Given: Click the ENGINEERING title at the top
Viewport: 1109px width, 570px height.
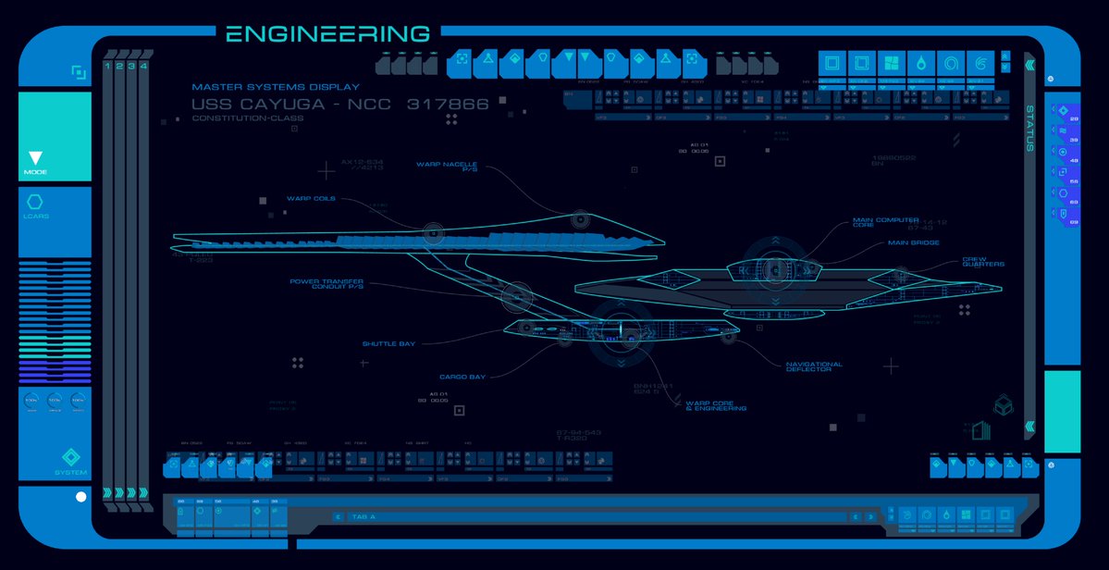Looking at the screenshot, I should pos(328,34).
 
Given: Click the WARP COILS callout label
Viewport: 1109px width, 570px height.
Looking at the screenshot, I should pos(311,198).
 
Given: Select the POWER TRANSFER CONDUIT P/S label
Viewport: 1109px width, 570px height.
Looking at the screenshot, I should pos(327,284).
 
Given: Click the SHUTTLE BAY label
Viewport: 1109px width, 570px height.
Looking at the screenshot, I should pos(388,343).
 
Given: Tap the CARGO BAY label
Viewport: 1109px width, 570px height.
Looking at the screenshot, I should pos(462,377).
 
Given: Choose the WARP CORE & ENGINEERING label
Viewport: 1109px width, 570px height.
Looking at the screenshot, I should pos(716,405).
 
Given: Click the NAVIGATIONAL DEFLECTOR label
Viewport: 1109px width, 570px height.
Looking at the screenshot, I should pos(814,366).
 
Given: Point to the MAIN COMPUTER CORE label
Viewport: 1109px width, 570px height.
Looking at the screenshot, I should pos(886,223).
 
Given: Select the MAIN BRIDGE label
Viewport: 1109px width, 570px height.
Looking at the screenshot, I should pos(913,243).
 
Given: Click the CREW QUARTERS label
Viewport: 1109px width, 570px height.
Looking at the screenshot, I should pos(983,262).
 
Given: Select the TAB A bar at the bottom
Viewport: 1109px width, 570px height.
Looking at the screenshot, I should pos(592,517).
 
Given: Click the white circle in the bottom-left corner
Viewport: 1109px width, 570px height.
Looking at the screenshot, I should pos(80,497).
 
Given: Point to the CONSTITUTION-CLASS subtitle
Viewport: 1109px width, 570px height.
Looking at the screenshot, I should pos(248,118).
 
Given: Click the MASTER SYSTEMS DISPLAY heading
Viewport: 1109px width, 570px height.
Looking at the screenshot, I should pos(276,87).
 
